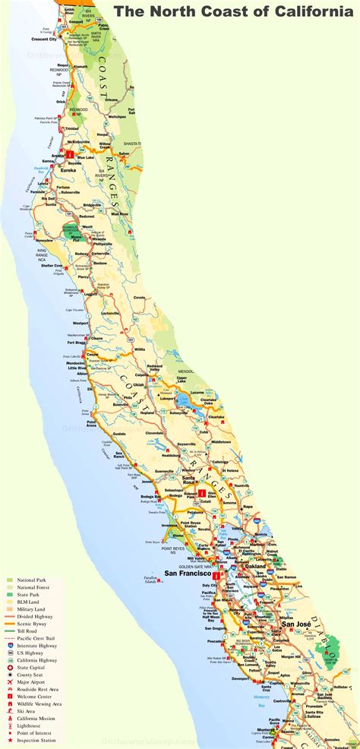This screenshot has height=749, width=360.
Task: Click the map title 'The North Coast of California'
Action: (x=235, y=11)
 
